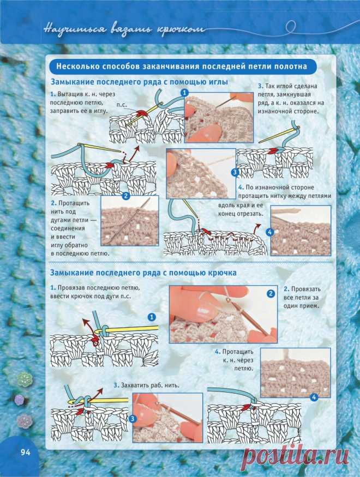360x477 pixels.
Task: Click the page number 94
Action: pyautogui.click(x=26, y=452)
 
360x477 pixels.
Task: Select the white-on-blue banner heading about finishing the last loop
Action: pyautogui.click(x=182, y=66)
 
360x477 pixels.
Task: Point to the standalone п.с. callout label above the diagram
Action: pyautogui.click(x=122, y=105)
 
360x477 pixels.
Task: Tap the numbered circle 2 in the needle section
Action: pyautogui.click(x=126, y=196)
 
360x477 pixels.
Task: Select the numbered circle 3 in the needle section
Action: pyautogui.click(x=235, y=172)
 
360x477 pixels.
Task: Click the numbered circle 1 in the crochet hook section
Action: pyautogui.click(x=151, y=317)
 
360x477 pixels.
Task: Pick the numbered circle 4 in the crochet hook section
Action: pyautogui.click(x=314, y=397)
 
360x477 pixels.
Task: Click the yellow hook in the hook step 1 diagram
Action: pyautogui.click(x=128, y=329)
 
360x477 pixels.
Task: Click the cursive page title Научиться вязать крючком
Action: pyautogui.click(x=124, y=29)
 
